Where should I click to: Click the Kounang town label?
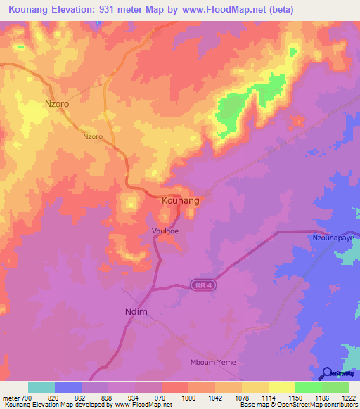pos(181,201)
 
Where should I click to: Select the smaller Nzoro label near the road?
pos(93,136)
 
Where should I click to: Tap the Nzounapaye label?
pos(334,238)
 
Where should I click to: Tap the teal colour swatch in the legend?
pos(41,387)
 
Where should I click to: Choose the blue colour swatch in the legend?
pos(68,387)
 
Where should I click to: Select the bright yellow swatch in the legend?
pos(281,387)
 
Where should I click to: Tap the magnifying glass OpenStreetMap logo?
pos(326,373)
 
